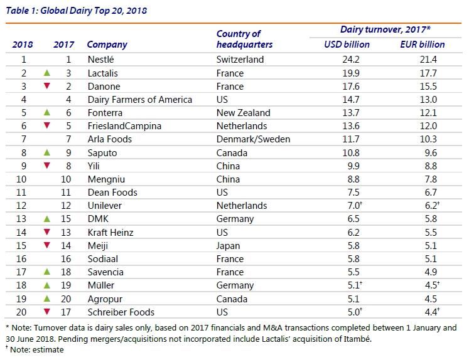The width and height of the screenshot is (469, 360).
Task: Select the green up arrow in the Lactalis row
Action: point(46,73)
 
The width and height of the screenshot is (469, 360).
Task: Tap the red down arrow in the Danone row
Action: point(46,87)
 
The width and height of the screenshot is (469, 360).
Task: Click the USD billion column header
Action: point(347,45)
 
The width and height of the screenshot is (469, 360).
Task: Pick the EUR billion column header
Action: point(422,45)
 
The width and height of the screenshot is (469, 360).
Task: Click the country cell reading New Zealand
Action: point(243,113)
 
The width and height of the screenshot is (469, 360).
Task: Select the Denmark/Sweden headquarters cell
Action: point(253,139)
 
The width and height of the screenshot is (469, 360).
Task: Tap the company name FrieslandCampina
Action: point(124,126)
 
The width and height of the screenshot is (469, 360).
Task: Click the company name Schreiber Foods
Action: point(121,312)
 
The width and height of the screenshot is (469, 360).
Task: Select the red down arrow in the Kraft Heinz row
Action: point(46,232)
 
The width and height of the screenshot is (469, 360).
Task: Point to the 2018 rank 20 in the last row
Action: point(24,312)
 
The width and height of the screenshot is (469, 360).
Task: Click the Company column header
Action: point(107,45)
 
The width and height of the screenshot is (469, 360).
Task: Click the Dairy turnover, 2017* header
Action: point(384,29)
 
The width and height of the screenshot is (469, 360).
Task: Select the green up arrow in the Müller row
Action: point(46,285)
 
